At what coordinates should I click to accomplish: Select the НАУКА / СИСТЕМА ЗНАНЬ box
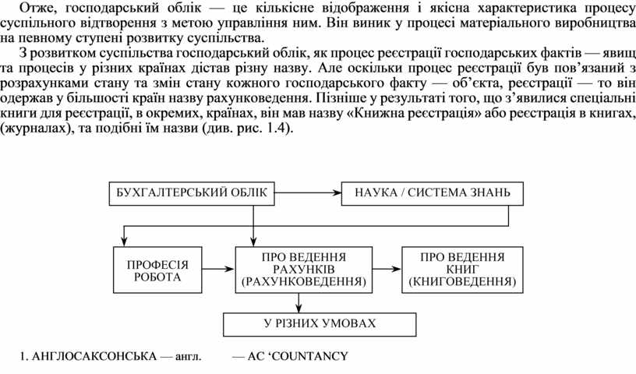coord(433,192)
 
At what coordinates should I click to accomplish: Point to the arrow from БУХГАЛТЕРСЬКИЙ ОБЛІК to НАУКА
coord(309,192)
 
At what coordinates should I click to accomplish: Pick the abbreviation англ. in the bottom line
coord(189,358)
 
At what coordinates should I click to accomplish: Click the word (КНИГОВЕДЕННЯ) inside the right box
coord(462,280)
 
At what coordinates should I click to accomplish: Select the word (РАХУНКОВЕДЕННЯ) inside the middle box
coord(299,280)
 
